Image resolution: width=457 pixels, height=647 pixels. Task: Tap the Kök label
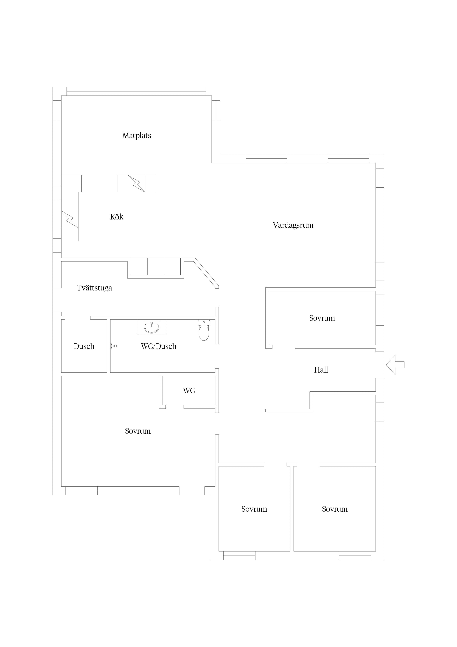pyautogui.click(x=117, y=217)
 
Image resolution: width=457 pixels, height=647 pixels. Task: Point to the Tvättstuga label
pyautogui.click(x=94, y=288)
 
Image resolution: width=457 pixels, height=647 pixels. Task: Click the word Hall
pyautogui.click(x=321, y=370)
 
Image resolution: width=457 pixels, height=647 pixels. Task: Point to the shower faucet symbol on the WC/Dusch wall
pyautogui.click(x=113, y=346)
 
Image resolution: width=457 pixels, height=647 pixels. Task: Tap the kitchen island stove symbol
pyautogui.click(x=137, y=184)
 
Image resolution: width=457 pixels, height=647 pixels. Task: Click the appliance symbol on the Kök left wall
pyautogui.click(x=70, y=219)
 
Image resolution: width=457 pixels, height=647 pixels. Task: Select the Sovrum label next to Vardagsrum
pyautogui.click(x=322, y=318)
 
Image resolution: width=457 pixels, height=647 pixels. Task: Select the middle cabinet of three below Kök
pyautogui.click(x=156, y=266)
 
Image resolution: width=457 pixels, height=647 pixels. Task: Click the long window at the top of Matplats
pyautogui.click(x=137, y=89)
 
